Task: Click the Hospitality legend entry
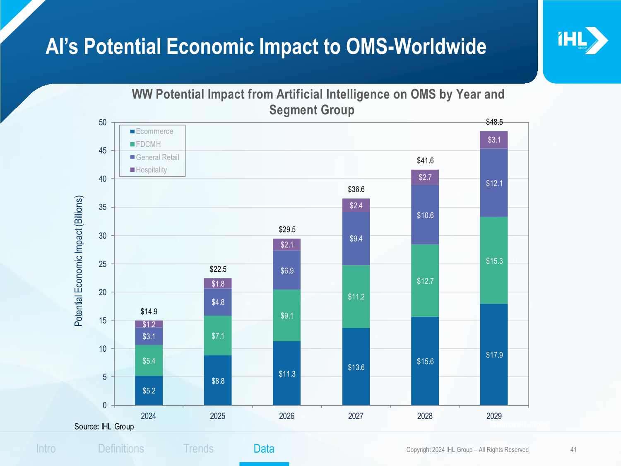point(149,170)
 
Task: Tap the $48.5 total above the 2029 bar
point(494,122)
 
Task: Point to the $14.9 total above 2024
point(149,311)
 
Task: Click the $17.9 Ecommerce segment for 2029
point(494,355)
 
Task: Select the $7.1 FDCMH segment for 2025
point(218,336)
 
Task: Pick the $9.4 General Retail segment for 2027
point(356,239)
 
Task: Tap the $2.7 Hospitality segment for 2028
point(425,178)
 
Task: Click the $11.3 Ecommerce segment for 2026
point(287,374)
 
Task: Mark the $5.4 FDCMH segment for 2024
point(149,361)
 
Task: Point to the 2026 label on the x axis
point(286,416)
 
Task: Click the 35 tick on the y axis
point(103,207)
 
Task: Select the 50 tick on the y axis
point(103,123)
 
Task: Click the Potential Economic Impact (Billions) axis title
point(79,261)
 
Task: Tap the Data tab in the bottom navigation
point(264,449)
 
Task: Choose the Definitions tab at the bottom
point(121,449)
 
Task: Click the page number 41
point(573,450)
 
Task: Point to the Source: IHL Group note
point(104,427)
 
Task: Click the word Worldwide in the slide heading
point(440,46)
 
